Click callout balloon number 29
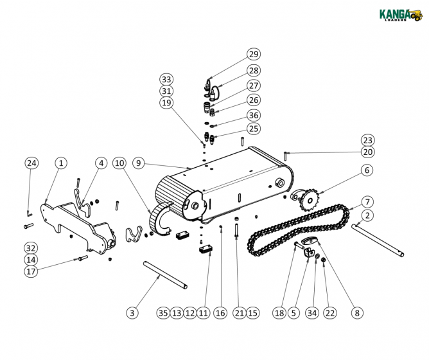pyautogui.click(x=253, y=55)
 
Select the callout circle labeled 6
pyautogui.click(x=367, y=170)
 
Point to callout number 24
pyautogui.click(x=31, y=163)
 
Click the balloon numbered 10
pyautogui.click(x=119, y=163)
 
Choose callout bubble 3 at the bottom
pyautogui.click(x=132, y=313)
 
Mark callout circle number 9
pyautogui.click(x=139, y=163)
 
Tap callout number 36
pyautogui.click(x=253, y=114)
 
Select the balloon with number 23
pyautogui.click(x=367, y=140)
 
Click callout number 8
pyautogui.click(x=357, y=313)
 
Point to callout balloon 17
pyautogui.click(x=31, y=271)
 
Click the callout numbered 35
pyautogui.click(x=163, y=313)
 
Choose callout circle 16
pyautogui.click(x=220, y=313)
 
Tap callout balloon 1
pyautogui.click(x=60, y=163)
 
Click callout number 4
pyautogui.click(x=101, y=163)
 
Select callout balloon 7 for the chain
pyautogui.click(x=367, y=202)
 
